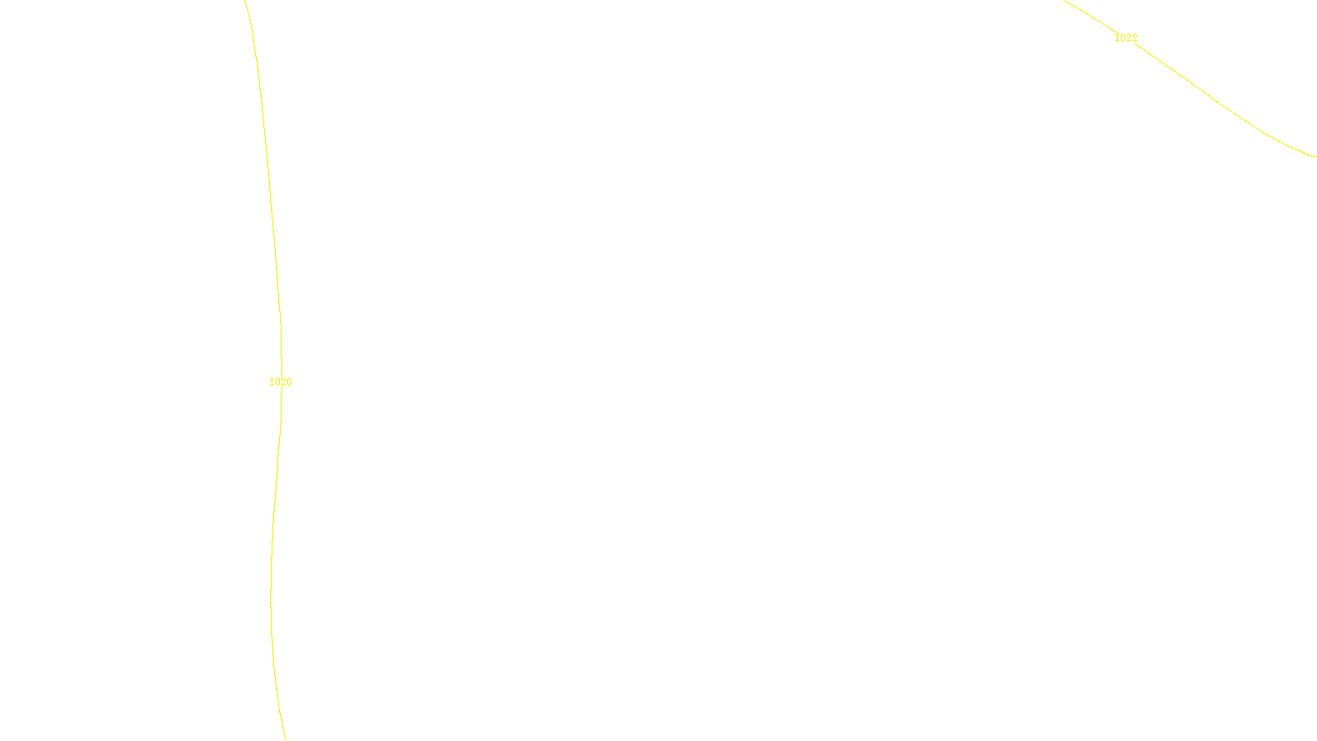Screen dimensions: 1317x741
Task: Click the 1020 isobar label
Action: pos(281,382)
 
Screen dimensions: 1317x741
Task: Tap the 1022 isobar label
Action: pos(1126,38)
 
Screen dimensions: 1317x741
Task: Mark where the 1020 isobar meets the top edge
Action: pos(245,1)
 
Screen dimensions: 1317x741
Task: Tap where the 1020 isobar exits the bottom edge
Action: pos(285,739)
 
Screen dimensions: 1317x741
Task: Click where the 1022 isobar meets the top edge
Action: pos(1064,1)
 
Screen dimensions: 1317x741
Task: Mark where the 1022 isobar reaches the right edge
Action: pos(1315,156)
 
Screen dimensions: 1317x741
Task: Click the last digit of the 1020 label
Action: pos(289,382)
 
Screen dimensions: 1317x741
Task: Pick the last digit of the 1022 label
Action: pos(1134,38)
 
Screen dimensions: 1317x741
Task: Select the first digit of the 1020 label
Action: pos(272,382)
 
